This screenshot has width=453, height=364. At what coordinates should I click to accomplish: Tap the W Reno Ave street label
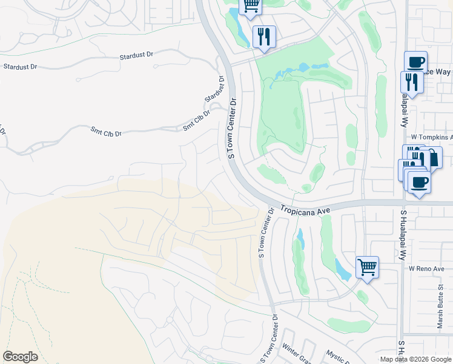pos(430,268)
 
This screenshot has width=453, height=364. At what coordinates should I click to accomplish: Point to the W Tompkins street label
pos(432,137)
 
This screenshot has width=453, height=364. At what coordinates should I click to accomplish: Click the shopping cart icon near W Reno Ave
pos(367,266)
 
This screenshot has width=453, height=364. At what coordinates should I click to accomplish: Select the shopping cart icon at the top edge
pos(251,6)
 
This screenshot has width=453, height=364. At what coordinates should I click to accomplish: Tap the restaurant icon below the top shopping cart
pos(264,36)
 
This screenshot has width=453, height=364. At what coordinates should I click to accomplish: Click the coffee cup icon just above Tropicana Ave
pos(418,182)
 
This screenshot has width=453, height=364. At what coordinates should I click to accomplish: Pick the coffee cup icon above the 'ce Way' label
pos(416,61)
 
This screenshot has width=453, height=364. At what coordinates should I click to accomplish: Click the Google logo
pos(20,357)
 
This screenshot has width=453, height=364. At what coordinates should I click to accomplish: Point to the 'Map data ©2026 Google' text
pos(415,359)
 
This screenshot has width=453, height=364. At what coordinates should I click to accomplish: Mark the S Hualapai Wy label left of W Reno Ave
pos(401,237)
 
